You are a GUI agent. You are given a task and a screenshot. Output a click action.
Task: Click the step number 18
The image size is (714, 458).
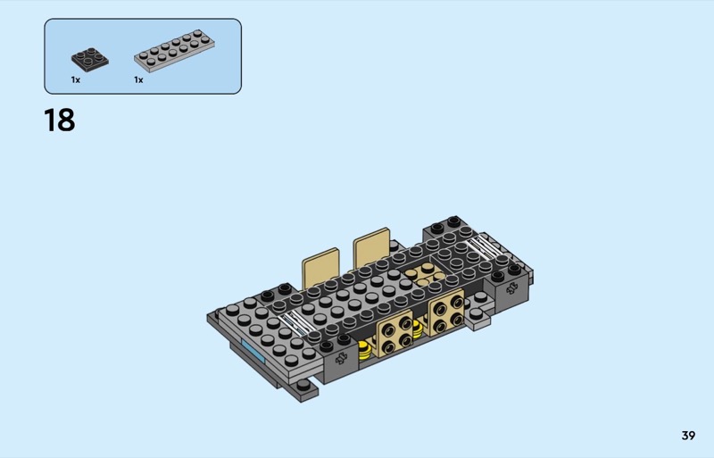pos(60,121)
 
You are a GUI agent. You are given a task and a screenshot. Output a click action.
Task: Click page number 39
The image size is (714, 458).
pos(688,436)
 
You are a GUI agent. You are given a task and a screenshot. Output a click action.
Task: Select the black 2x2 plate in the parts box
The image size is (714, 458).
pos(90,59)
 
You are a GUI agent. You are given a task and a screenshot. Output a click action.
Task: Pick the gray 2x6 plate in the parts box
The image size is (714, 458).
pos(174,51)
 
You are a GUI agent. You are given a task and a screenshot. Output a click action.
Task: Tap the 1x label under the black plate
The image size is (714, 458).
pos(76,80)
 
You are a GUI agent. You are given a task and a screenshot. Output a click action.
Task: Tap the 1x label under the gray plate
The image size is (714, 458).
pos(138,80)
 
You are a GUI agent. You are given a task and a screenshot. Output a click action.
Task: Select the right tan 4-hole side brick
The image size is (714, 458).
pos(446,312)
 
